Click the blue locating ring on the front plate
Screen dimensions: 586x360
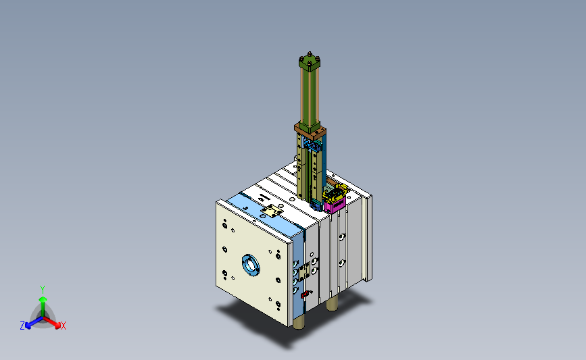click(251, 265)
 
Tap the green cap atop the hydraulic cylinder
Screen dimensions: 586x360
click(310, 62)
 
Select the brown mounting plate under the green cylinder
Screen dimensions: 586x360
click(310, 131)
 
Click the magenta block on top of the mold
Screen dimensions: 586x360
click(335, 205)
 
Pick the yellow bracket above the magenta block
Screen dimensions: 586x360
click(335, 191)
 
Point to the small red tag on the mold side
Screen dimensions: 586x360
click(306, 294)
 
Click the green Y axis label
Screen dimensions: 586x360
click(43, 290)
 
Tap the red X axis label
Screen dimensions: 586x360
click(63, 326)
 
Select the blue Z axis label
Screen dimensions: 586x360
click(22, 326)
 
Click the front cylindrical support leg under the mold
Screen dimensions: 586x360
click(298, 321)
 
